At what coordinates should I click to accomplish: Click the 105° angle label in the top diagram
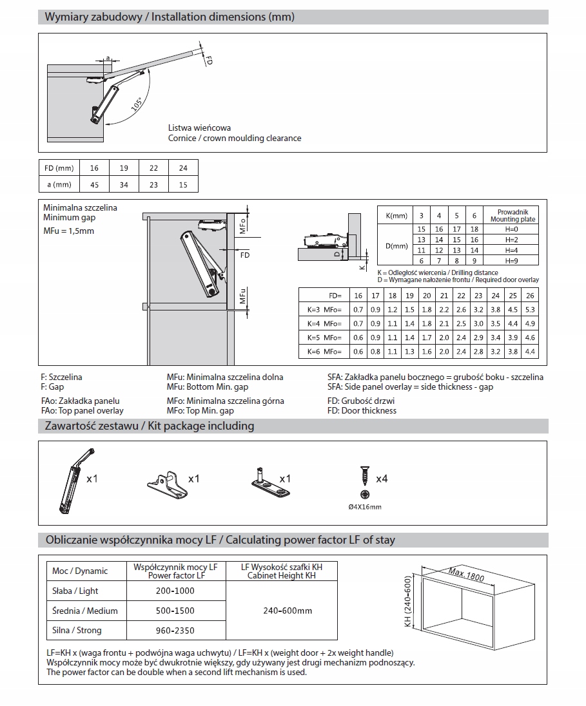[137, 104]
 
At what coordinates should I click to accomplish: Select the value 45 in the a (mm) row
[94, 185]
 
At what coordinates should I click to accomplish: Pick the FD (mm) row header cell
[59, 168]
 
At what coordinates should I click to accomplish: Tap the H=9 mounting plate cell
[512, 260]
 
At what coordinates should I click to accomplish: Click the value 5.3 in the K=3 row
[529, 309]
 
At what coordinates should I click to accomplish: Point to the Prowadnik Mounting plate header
[513, 215]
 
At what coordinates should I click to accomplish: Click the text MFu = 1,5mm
[68, 231]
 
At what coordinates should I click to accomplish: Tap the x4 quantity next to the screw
[382, 479]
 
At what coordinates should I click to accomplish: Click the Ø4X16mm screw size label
[365, 507]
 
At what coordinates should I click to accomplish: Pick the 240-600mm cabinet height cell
[288, 611]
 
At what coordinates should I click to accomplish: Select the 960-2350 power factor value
[175, 631]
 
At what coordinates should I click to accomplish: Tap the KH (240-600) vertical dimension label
[407, 602]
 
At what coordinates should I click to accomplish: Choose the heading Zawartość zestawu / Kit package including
[150, 426]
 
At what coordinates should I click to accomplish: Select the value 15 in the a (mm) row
[183, 185]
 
